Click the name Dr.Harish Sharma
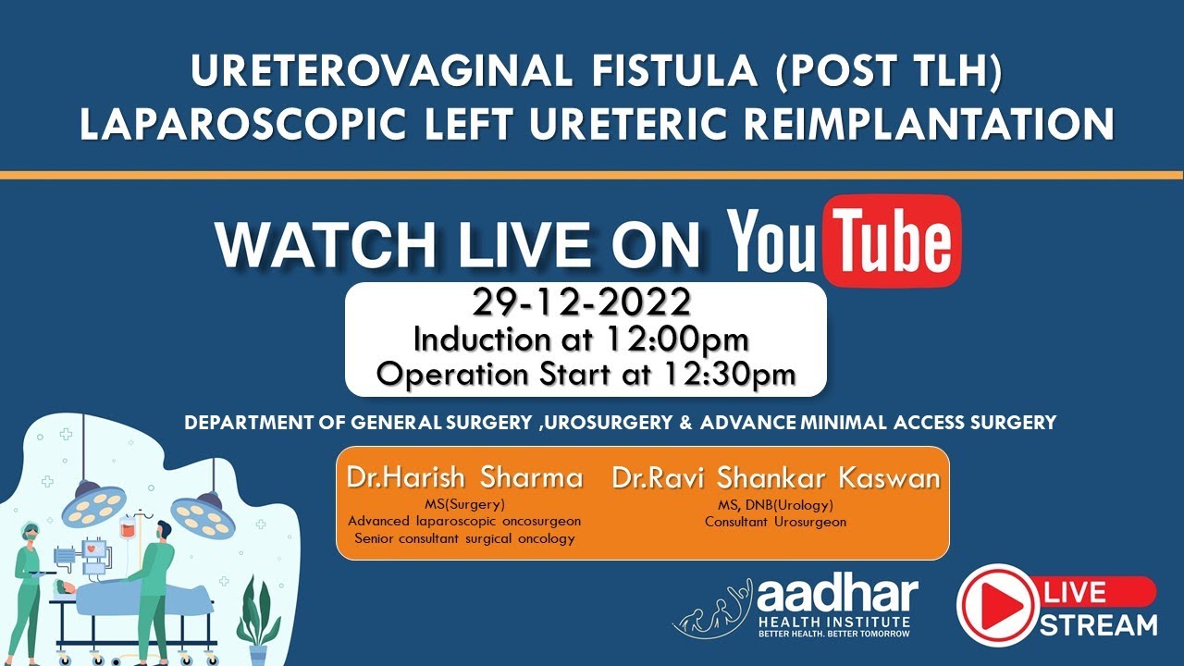[x=464, y=477]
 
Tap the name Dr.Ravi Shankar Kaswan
[x=775, y=477]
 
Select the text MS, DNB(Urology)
[x=775, y=505]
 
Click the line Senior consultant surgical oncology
[x=464, y=538]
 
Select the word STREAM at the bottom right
[x=1098, y=624]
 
